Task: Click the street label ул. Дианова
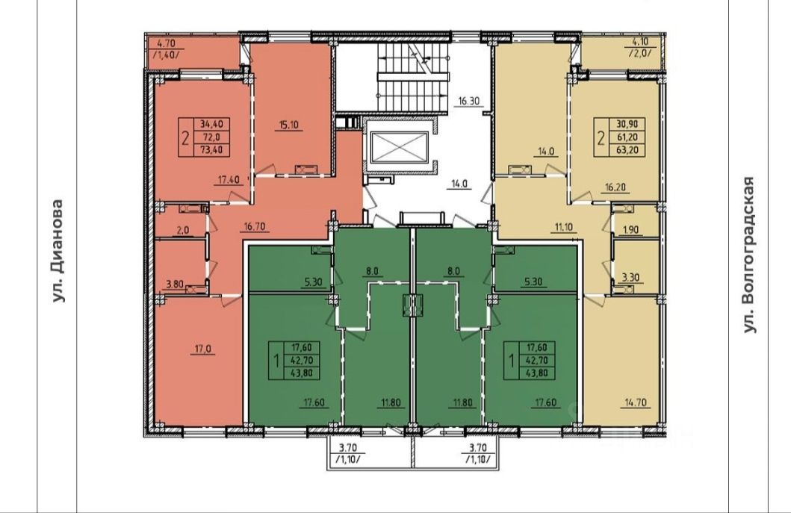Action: pyautogui.click(x=58, y=251)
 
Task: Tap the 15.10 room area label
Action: pyautogui.click(x=288, y=125)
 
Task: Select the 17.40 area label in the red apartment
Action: pyautogui.click(x=228, y=179)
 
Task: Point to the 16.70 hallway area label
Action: pyautogui.click(x=254, y=226)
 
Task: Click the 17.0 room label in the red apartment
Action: pyautogui.click(x=202, y=349)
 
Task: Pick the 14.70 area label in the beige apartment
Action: pyautogui.click(x=635, y=402)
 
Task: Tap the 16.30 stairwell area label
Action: pyautogui.click(x=468, y=101)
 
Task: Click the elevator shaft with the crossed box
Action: pyautogui.click(x=399, y=147)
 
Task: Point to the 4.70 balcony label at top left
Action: pyautogui.click(x=166, y=43)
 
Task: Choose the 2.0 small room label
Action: pyautogui.click(x=182, y=230)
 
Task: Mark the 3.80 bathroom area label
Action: pyautogui.click(x=175, y=284)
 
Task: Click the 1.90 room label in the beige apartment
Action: pyautogui.click(x=630, y=229)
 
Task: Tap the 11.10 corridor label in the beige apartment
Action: pyautogui.click(x=563, y=227)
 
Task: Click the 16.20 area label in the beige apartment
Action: pyautogui.click(x=615, y=187)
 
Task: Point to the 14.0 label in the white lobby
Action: pyautogui.click(x=459, y=184)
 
